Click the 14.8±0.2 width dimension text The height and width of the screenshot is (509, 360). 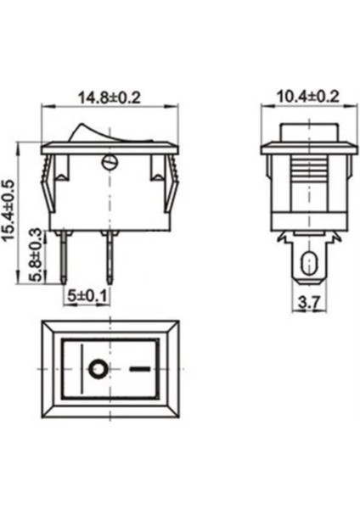[110, 97]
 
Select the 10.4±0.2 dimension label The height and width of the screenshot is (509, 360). [307, 97]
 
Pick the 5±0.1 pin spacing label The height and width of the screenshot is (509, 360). [87, 297]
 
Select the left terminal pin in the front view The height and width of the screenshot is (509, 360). [65, 256]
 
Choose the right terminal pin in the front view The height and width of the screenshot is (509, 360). [108, 256]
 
